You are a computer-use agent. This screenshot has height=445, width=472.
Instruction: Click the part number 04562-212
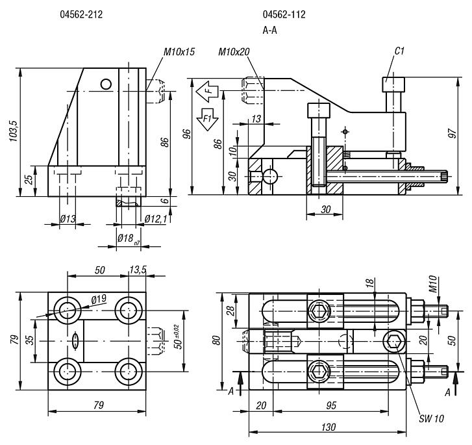tap(81, 14)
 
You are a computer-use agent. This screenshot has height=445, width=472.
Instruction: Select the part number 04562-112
tap(284, 14)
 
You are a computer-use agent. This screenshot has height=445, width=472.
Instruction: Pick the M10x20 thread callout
tap(234, 51)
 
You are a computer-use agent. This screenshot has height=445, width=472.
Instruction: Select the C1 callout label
tap(401, 51)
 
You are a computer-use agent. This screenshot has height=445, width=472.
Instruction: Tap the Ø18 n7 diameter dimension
tap(128, 238)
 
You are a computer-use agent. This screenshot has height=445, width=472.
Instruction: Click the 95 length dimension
tap(331, 406)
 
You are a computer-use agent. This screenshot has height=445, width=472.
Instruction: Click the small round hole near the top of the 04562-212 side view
tap(106, 83)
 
